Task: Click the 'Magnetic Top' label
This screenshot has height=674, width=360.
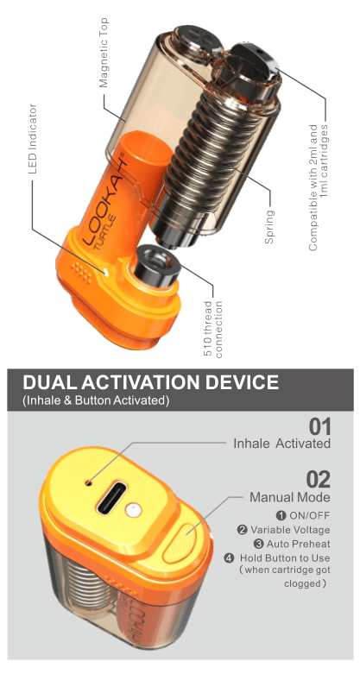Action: click(x=104, y=53)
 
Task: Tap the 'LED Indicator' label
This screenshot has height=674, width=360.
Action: click(x=33, y=139)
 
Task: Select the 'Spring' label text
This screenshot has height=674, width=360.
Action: click(x=269, y=226)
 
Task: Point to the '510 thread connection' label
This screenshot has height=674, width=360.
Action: click(x=214, y=330)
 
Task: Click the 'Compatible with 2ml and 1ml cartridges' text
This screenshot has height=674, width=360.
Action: click(x=319, y=188)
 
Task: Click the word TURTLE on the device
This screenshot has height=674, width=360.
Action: click(x=108, y=229)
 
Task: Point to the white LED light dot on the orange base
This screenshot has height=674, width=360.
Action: click(x=106, y=271)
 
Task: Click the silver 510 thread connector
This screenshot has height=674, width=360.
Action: click(x=156, y=267)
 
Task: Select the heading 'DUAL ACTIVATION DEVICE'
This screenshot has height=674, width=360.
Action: click(x=150, y=382)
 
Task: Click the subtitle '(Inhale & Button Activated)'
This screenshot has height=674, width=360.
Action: click(x=95, y=400)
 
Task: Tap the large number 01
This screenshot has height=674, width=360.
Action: click(x=320, y=427)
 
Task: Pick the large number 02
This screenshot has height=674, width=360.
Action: click(x=319, y=479)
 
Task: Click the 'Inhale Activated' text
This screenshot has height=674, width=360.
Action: click(x=281, y=444)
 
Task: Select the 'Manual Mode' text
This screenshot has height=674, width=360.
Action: click(x=290, y=497)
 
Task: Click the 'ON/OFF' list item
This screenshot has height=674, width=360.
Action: click(x=303, y=515)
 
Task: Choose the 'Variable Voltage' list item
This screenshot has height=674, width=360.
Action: click(x=284, y=530)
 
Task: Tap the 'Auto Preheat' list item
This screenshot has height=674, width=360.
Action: click(x=293, y=544)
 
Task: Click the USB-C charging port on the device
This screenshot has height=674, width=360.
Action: click(x=110, y=499)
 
